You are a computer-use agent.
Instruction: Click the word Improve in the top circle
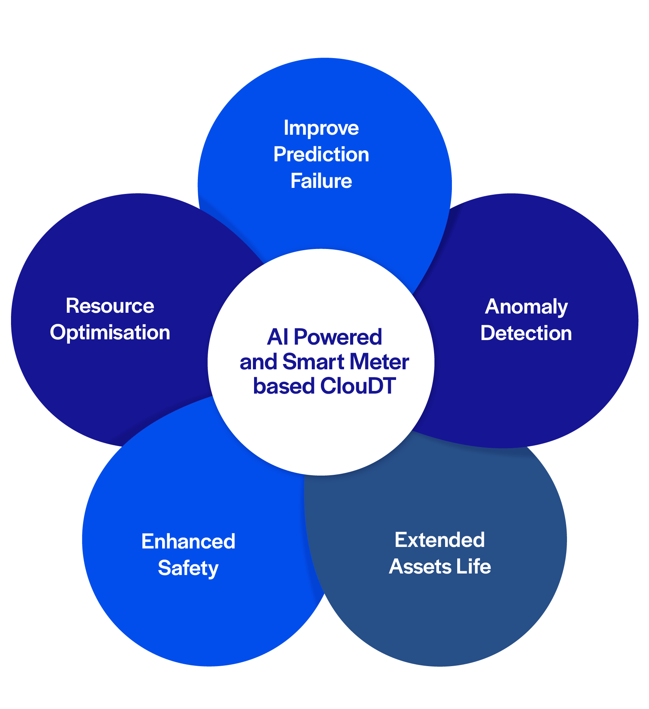[x=321, y=128]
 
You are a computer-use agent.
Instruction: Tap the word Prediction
[x=321, y=154]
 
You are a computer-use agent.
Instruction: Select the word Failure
[x=321, y=181]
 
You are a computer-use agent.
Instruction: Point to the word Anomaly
[x=526, y=307]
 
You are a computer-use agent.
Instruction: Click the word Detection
[x=526, y=333]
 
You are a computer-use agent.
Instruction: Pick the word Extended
[x=439, y=540]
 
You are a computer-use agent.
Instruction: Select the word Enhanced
[x=188, y=541]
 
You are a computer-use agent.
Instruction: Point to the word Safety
[x=188, y=568]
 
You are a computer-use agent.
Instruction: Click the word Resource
[x=110, y=306]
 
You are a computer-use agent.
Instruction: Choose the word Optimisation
[x=110, y=333]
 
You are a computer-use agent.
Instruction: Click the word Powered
[x=338, y=337]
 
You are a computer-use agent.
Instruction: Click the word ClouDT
[x=358, y=386]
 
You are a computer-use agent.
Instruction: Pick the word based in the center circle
[x=284, y=386]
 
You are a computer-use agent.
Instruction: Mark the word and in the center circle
[x=258, y=362]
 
